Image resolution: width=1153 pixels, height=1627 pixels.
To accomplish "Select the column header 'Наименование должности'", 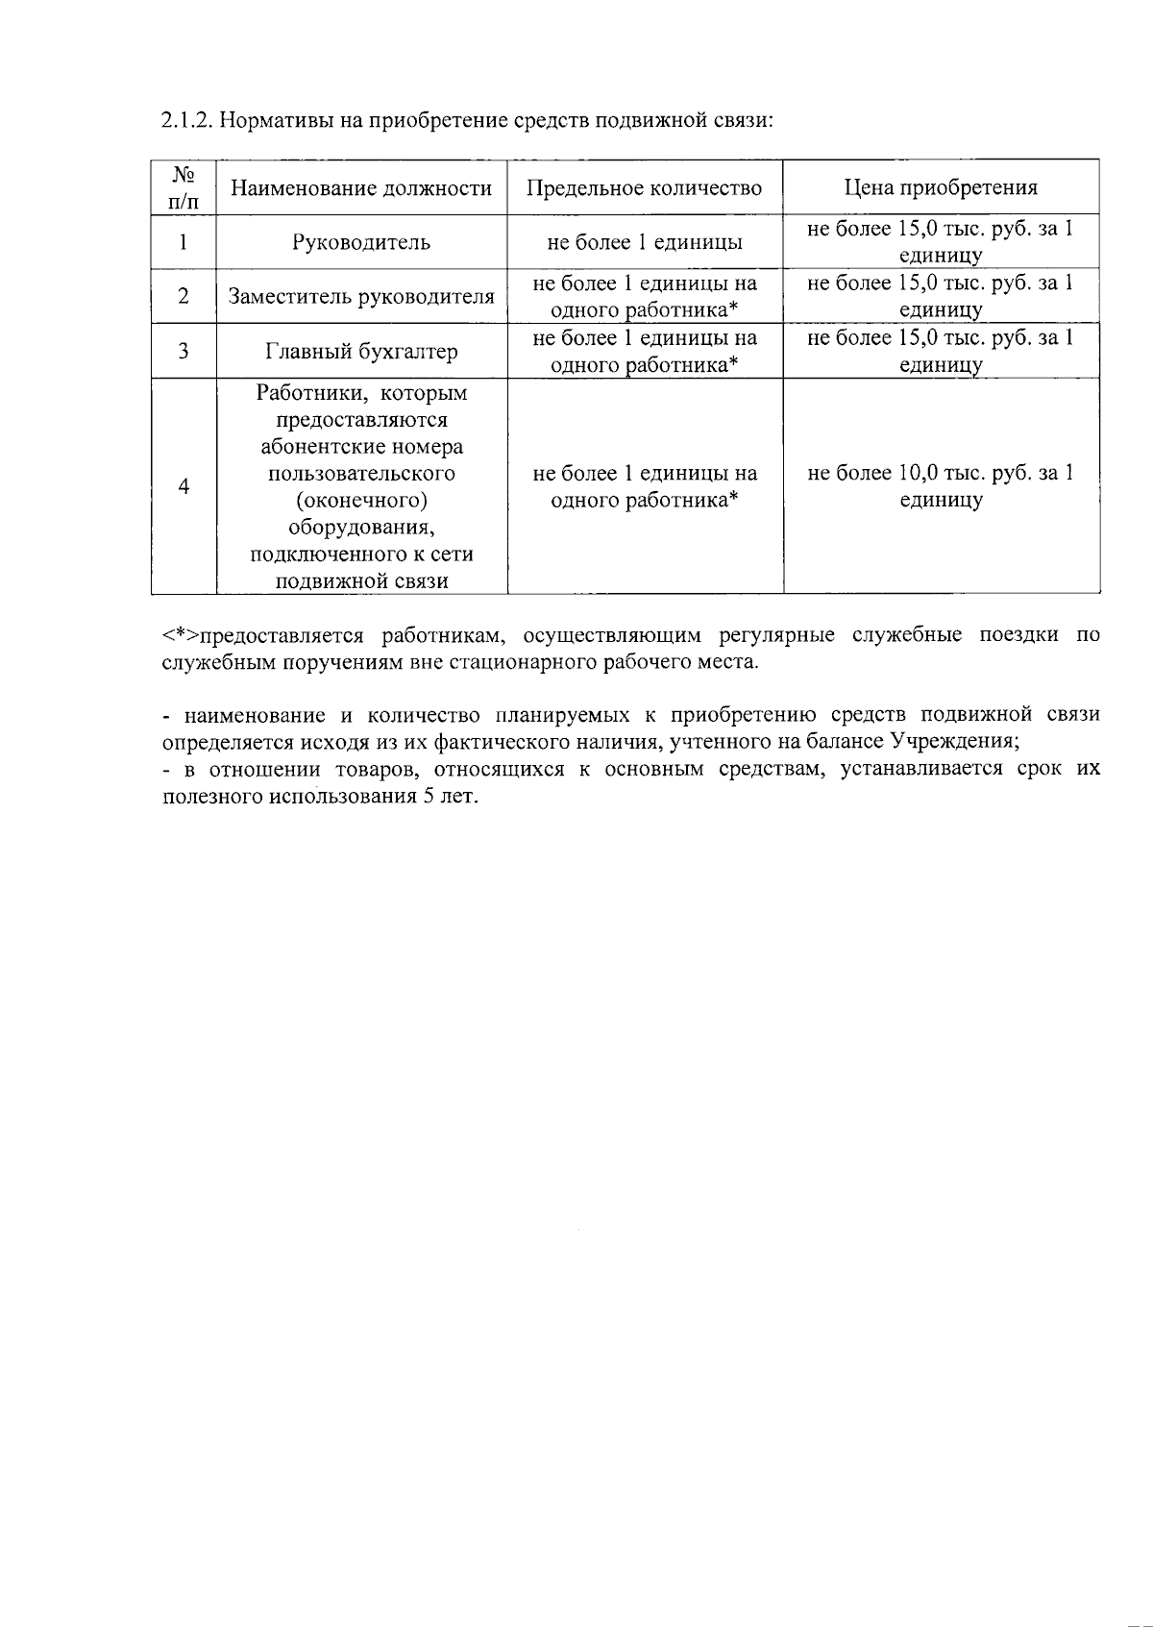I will [361, 188].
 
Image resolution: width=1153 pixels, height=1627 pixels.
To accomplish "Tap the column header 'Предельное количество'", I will [644, 188].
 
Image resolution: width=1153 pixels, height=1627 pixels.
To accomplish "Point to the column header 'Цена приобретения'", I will [941, 188].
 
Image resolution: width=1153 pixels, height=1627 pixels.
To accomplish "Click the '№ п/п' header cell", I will [184, 187].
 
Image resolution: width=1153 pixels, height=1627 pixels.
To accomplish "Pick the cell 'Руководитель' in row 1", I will [361, 242].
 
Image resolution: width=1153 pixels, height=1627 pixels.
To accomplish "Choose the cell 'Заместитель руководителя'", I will [361, 296].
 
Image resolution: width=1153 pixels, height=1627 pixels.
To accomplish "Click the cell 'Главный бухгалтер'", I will [361, 352].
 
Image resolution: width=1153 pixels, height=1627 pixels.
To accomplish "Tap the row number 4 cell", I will [184, 486].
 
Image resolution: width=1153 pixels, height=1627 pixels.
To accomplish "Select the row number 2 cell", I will [184, 296].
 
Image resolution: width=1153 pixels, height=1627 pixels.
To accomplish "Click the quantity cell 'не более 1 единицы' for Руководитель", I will [644, 242].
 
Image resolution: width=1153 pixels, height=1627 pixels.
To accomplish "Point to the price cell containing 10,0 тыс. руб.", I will [941, 486].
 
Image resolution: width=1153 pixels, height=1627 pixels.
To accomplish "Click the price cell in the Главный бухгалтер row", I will [941, 351].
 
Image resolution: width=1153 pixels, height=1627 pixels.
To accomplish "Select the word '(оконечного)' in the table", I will [361, 501].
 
